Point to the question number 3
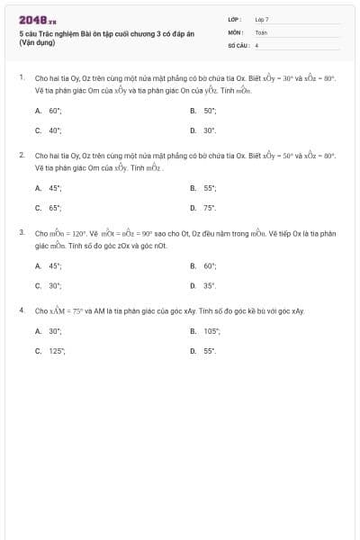(21, 232)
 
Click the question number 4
(21, 310)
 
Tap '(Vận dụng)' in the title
(39, 42)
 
